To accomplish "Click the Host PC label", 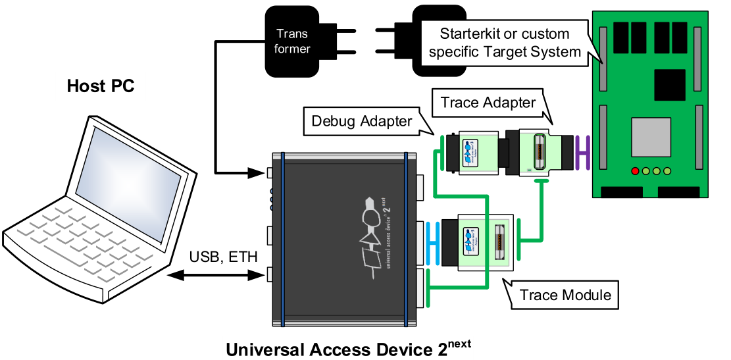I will click(x=101, y=86).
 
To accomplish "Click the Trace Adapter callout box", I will click(x=488, y=103).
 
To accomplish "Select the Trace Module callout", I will click(x=565, y=295).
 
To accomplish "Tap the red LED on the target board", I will click(x=635, y=172).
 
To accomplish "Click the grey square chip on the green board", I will click(x=651, y=137).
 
